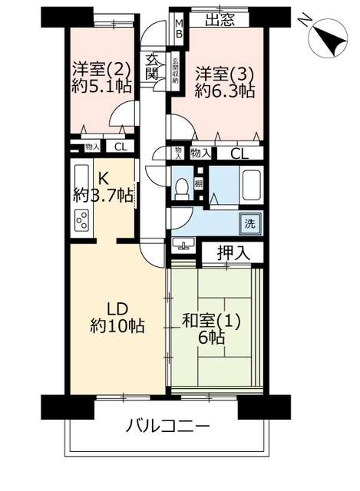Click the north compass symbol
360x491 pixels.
click(328, 38)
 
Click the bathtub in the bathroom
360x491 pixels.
click(251, 186)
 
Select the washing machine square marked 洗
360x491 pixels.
click(250, 223)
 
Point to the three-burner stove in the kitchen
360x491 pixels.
click(82, 220)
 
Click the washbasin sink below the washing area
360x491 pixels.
click(183, 243)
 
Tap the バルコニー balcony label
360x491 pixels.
click(167, 427)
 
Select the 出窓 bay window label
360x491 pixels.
click(220, 21)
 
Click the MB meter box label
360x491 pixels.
click(179, 28)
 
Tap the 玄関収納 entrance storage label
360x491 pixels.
click(175, 70)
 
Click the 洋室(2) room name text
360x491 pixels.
click(101, 70)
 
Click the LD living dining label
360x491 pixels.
click(117, 309)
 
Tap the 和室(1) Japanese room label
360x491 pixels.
click(211, 321)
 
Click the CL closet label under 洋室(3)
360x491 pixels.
click(239, 153)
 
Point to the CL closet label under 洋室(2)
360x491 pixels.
click(121, 147)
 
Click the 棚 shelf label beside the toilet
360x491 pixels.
click(198, 183)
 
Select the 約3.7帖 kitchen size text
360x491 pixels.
click(103, 196)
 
